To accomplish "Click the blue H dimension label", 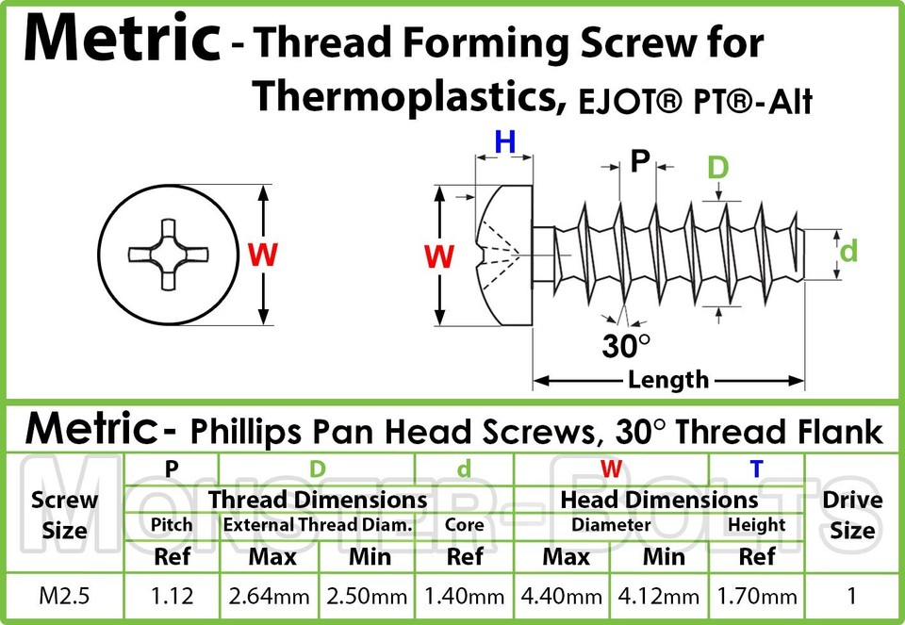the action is (x=505, y=141).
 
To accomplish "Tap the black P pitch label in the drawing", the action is (x=639, y=161).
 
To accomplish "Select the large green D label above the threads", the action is (x=718, y=168).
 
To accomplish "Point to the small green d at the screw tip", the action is (x=847, y=252).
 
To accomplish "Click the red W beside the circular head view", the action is (x=263, y=255).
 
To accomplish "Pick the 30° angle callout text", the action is (x=626, y=346).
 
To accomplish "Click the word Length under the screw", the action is (x=667, y=380).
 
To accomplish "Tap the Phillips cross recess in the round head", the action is (x=168, y=254).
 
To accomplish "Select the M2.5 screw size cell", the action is (x=64, y=596).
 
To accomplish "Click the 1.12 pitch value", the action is (x=172, y=596).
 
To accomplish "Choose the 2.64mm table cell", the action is (x=269, y=596).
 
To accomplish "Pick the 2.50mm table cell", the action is (x=367, y=596).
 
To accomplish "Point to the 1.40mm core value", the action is (x=464, y=596).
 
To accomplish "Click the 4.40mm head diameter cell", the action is (x=562, y=596).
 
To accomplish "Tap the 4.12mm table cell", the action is (x=659, y=596).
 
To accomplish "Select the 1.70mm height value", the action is (x=757, y=596).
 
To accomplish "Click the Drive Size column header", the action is (x=852, y=515).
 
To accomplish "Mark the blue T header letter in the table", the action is (x=756, y=469).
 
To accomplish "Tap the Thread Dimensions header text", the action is (x=318, y=500).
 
